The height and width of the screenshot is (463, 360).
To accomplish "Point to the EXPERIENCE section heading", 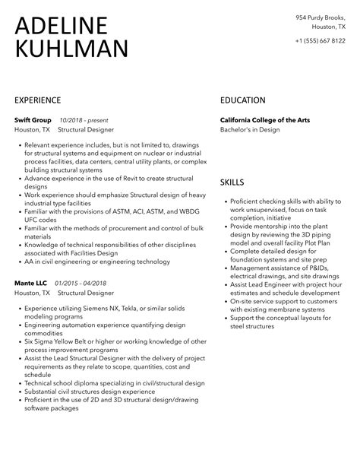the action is (38, 100).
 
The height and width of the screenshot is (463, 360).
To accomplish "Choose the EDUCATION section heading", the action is (243, 100).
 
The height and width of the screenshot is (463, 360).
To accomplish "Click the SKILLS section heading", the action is (232, 183).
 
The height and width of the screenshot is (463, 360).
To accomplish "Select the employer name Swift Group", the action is (32, 120).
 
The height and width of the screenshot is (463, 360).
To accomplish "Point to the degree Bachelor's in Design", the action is (250, 130).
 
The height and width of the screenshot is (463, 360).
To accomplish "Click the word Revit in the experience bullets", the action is (126, 179).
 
